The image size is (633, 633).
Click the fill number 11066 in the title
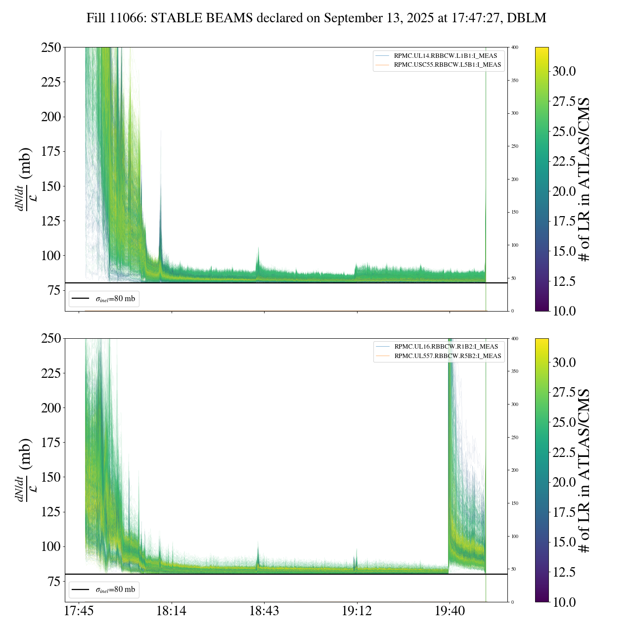point(131,18)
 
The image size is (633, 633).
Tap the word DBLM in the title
point(530,18)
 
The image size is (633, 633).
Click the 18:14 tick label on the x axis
point(171,611)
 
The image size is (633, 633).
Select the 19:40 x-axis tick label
point(450,611)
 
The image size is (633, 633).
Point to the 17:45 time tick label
point(79,611)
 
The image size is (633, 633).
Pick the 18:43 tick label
point(264,611)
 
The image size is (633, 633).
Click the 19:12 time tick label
point(357,611)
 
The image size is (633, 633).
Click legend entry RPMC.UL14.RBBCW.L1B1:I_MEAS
point(445,56)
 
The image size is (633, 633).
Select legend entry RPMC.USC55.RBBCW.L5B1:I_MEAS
point(447,65)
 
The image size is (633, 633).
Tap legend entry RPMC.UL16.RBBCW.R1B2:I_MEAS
point(446,347)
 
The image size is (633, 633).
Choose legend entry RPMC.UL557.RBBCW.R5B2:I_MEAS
point(448,356)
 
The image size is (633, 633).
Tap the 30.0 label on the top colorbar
point(564,71)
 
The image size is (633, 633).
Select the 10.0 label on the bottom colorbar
point(564,602)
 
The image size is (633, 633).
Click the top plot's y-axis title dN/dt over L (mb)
point(25,179)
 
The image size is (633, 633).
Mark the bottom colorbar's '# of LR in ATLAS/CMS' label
point(585,470)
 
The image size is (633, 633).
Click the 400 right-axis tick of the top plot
point(515,47)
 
